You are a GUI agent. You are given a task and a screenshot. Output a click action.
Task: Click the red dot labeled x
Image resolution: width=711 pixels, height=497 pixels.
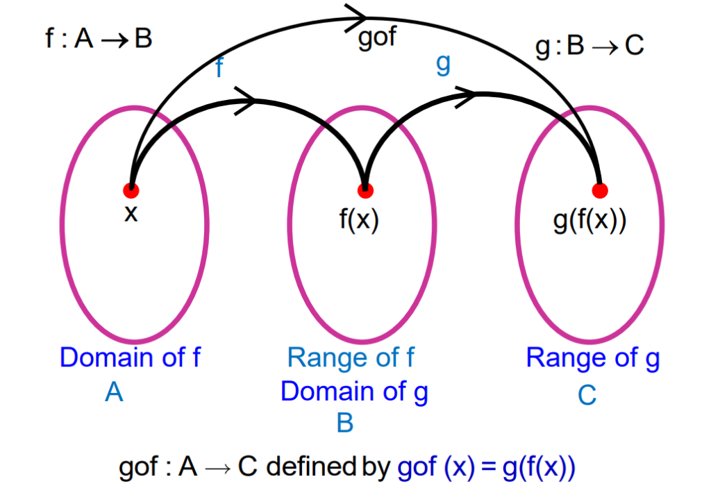(x=131, y=189)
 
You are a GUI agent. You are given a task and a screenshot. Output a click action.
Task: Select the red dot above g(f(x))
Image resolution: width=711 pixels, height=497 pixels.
(x=600, y=189)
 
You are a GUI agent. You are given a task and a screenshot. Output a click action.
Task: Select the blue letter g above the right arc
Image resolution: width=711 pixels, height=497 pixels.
(x=442, y=64)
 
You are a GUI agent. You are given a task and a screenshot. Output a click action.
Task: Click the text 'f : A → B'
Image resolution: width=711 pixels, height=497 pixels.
(x=98, y=38)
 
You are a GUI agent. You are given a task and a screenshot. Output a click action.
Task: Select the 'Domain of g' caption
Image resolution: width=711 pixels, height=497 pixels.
(x=354, y=391)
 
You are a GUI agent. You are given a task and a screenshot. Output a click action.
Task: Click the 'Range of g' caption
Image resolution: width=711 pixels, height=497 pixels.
(x=592, y=357)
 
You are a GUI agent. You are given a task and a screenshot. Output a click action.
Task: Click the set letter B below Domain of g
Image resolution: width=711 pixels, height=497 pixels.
(x=345, y=423)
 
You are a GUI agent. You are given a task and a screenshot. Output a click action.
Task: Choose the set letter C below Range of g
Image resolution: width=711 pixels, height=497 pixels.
(x=587, y=396)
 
